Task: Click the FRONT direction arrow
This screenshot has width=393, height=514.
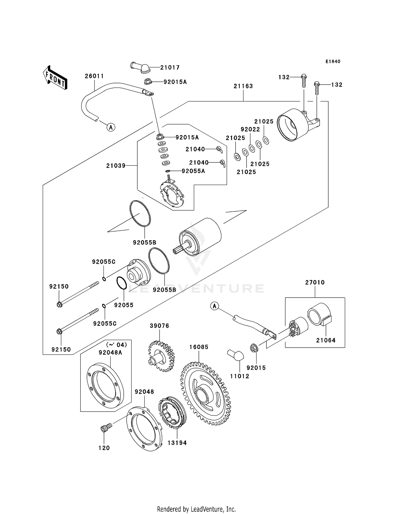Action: pos(55,78)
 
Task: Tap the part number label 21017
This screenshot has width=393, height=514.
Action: pos(170,68)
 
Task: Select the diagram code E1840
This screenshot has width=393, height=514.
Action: pos(333,62)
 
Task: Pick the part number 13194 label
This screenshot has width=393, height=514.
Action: pos(177,443)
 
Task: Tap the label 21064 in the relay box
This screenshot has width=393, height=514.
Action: pos(326,340)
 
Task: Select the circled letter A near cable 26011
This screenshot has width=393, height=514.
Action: pos(111,128)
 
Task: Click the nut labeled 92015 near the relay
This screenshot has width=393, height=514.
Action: pos(253,348)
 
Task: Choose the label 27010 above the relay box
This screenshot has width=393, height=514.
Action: pos(315,282)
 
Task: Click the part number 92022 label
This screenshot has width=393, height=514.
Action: pos(250,129)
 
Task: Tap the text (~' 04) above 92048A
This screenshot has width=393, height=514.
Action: pos(116,345)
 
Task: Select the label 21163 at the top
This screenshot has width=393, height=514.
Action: pos(243,86)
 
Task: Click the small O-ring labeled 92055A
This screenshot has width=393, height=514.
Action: pos(168,171)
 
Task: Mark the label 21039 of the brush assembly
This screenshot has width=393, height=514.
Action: pos(116,166)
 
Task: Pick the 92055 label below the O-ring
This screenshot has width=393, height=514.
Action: pos(124,305)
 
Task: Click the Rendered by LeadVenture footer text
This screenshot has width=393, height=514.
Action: pos(196,509)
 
